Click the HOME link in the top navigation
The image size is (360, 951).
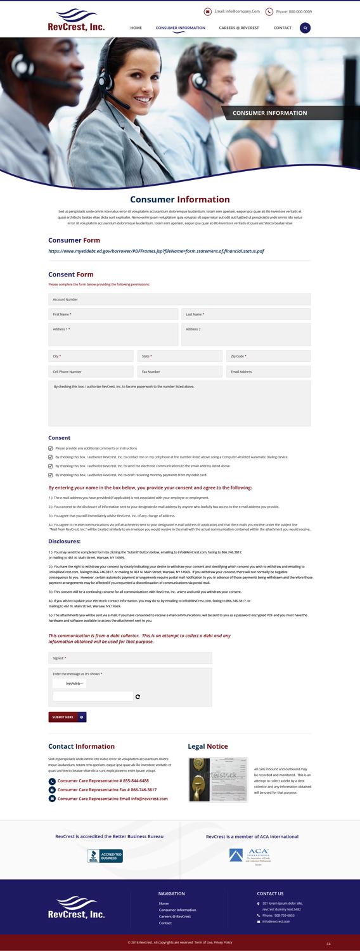136,28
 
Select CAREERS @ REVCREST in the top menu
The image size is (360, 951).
239,28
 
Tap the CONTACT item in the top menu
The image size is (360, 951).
283,28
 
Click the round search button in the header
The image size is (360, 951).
305,28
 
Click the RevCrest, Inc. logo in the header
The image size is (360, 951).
76,20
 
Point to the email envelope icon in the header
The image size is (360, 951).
208,11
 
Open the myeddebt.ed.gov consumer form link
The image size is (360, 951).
156,251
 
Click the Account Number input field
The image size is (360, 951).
179,299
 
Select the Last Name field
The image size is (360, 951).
246,314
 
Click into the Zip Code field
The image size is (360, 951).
268,356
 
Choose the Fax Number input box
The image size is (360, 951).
179,372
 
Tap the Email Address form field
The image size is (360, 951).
268,372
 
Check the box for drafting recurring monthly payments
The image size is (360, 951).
51,474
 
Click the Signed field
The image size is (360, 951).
130,658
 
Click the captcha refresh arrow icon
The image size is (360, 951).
138,697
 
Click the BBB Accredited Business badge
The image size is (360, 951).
105,856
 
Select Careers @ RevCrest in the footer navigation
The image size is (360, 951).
174,916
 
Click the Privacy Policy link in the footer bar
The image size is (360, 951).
223,942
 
